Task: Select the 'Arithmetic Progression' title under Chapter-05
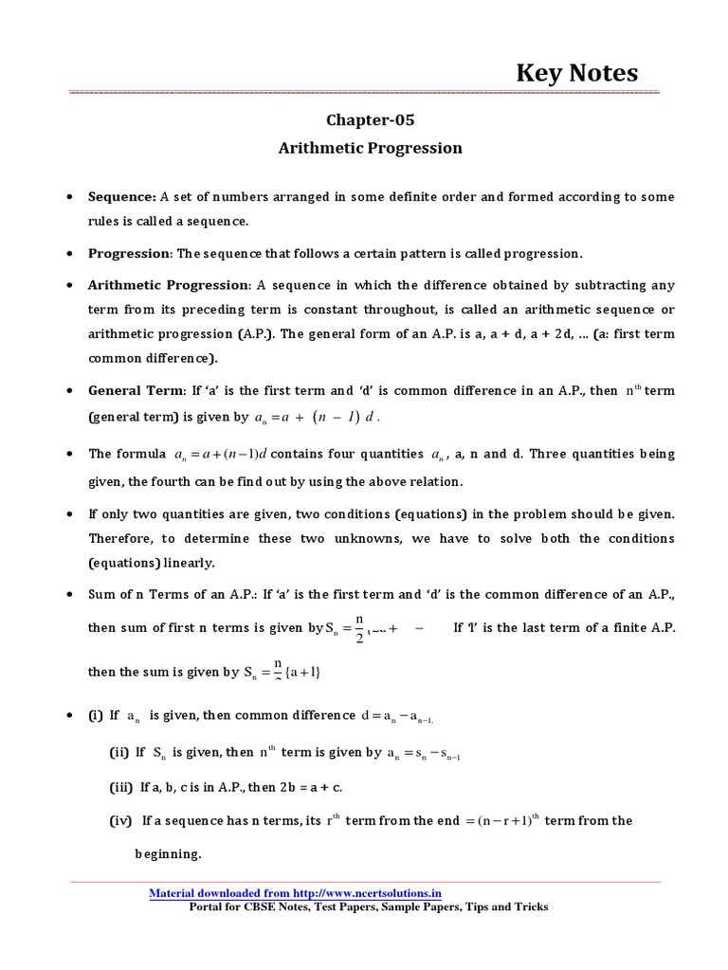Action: click(x=371, y=148)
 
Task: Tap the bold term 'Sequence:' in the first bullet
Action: click(x=122, y=197)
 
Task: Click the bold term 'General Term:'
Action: click(x=136, y=390)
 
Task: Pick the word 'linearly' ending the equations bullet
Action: click(x=189, y=562)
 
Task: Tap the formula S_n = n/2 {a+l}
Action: click(x=283, y=672)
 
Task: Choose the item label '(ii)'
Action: click(x=119, y=752)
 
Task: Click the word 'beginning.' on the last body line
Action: click(x=166, y=853)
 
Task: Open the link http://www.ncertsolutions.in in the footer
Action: click(x=366, y=893)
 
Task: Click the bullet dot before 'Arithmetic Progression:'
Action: click(x=71, y=285)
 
